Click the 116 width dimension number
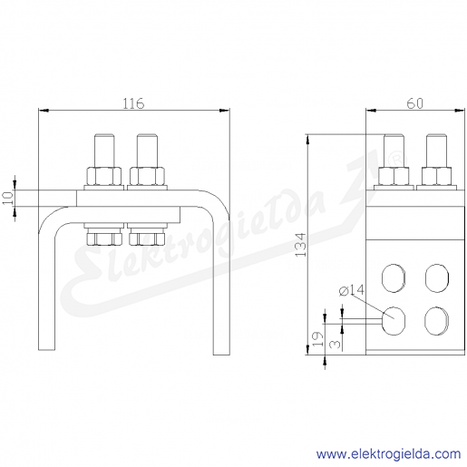(133, 103)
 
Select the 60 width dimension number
(414, 103)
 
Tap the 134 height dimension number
(301, 245)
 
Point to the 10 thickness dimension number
(8, 199)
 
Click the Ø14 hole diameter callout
(352, 290)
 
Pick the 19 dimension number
(317, 339)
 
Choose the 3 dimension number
(335, 344)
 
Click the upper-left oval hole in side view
(394, 278)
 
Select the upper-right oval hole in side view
(437, 278)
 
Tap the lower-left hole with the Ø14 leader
(394, 321)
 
